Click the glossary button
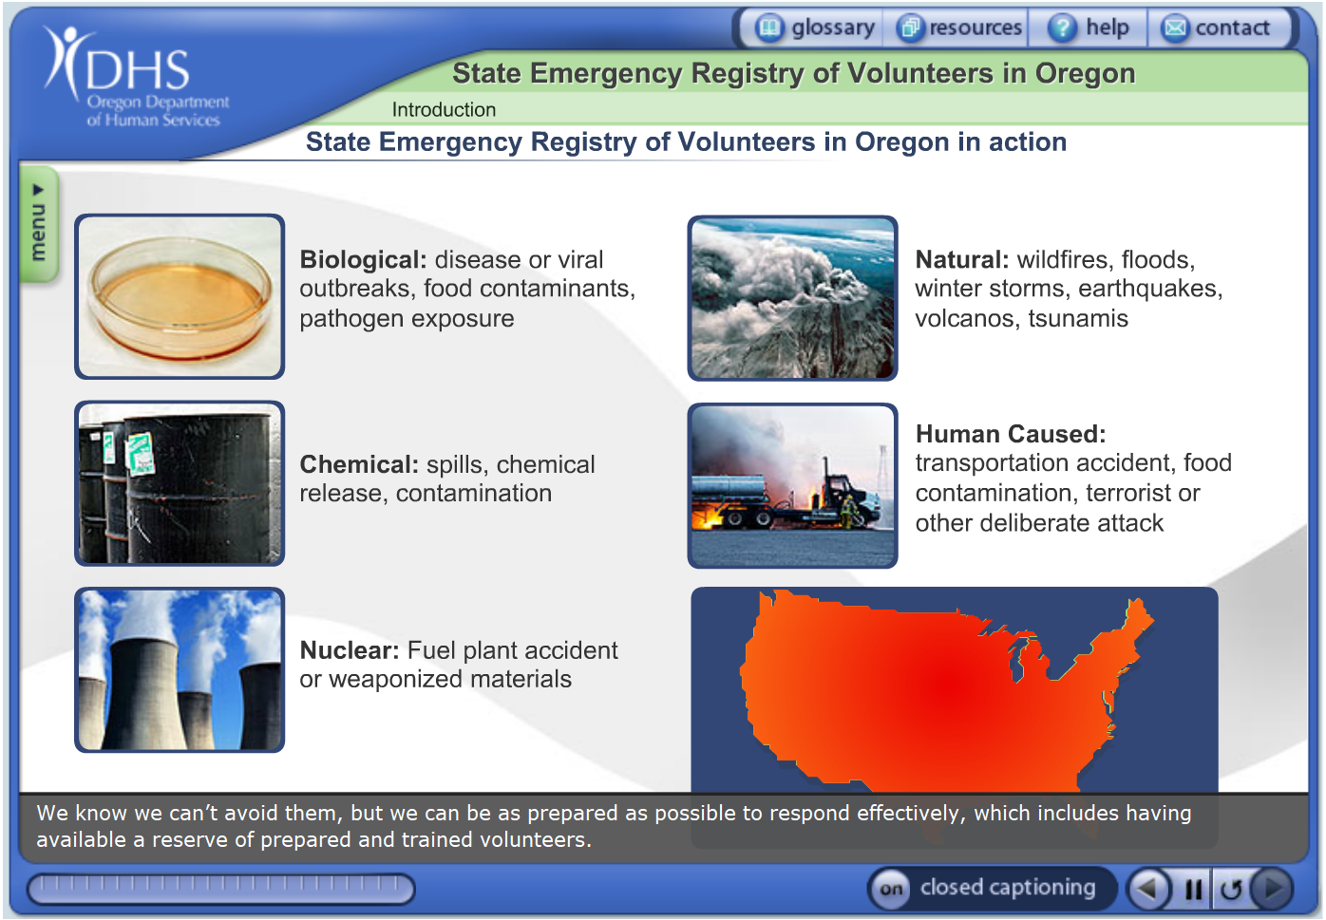[x=815, y=28]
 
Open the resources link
[x=959, y=28]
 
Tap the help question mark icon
[x=1063, y=28]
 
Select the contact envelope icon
[x=1175, y=28]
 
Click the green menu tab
[x=39, y=225]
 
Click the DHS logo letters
[x=138, y=70]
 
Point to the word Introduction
[x=444, y=109]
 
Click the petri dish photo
[x=180, y=296]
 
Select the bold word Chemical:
[x=359, y=464]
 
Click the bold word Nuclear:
[x=350, y=650]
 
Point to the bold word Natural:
[x=962, y=260]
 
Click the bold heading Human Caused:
[x=1011, y=434]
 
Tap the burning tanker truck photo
[x=792, y=486]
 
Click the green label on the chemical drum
[x=140, y=453]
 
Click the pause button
[x=1193, y=889]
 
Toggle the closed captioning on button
[x=892, y=889]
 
